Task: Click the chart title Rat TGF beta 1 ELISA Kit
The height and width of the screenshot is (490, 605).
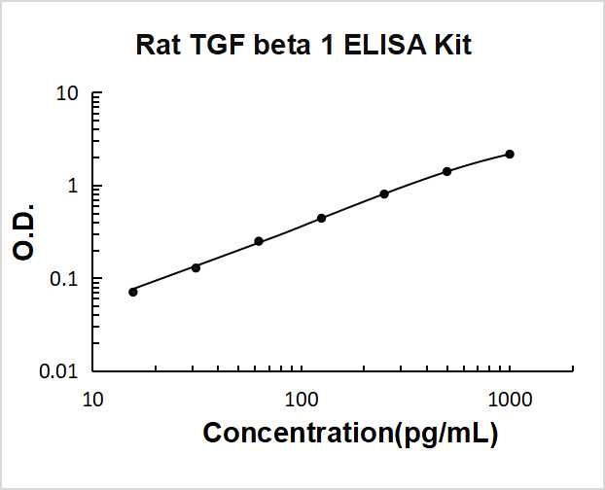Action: click(302, 45)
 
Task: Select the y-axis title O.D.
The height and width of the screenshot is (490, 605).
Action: click(25, 231)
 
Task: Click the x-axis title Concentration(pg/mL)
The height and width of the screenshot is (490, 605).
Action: click(350, 434)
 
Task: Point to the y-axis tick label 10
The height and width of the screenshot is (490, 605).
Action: click(67, 94)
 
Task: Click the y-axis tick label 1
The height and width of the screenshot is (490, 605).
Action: click(72, 187)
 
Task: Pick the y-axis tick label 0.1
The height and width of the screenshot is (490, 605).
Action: click(64, 279)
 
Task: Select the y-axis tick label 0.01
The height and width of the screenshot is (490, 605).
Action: click(59, 371)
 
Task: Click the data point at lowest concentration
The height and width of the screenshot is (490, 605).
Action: click(133, 292)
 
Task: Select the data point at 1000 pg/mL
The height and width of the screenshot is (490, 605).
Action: click(510, 155)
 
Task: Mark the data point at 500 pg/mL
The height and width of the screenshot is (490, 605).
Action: click(446, 171)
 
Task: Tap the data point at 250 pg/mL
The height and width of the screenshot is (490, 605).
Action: click(384, 193)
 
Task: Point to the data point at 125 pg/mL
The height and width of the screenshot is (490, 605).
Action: click(321, 218)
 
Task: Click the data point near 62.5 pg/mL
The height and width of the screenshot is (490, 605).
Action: click(259, 241)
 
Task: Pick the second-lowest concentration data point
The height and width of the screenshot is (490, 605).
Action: click(196, 267)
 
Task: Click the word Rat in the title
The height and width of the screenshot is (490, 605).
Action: click(155, 45)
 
